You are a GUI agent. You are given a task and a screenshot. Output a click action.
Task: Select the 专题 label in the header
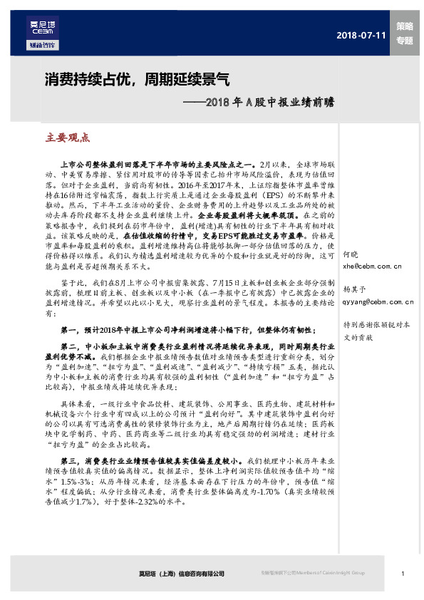pos(404,41)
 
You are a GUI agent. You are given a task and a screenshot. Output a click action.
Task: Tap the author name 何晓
pos(352,254)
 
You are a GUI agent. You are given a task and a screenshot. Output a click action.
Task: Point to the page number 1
pos(403,573)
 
